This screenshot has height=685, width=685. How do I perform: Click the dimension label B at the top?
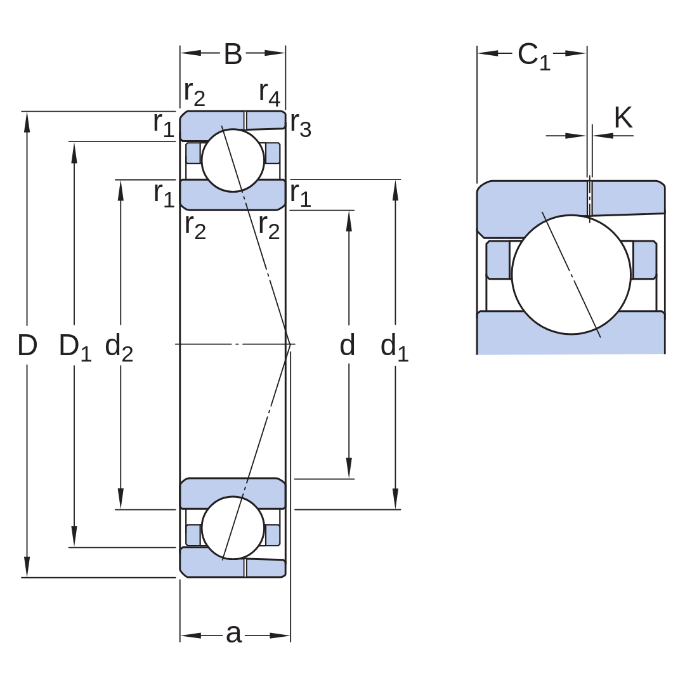[x=233, y=54]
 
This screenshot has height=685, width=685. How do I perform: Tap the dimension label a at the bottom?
[x=233, y=634]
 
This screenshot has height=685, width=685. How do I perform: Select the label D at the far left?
[x=27, y=345]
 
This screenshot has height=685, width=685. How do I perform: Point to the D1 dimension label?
[x=75, y=347]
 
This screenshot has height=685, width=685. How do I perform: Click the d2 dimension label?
[x=119, y=347]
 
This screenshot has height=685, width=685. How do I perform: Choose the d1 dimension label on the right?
[x=395, y=347]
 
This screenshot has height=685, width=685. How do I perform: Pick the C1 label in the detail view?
[x=534, y=56]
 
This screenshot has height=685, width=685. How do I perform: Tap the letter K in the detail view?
[x=623, y=117]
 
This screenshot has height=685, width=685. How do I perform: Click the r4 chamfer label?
[x=270, y=93]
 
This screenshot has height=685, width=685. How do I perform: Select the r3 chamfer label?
[x=301, y=124]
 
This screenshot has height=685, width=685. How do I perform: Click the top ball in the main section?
[x=233, y=160]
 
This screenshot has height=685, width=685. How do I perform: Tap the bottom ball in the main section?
[x=233, y=528]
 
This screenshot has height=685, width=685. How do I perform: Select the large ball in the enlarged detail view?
[x=571, y=275]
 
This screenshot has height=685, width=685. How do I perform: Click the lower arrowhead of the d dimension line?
[x=349, y=468]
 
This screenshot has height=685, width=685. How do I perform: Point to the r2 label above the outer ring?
[x=195, y=93]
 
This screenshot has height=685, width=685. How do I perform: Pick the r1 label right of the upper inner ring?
[x=301, y=195]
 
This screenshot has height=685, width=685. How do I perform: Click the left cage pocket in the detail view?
[x=499, y=259]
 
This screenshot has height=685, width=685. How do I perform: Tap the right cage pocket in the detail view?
[x=644, y=259]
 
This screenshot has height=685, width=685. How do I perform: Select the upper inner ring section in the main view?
[x=233, y=195]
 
